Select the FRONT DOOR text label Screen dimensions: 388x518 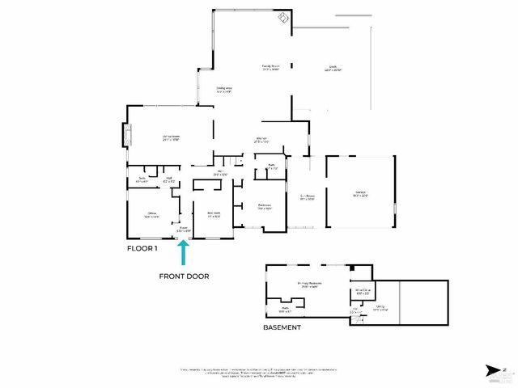point(184,276)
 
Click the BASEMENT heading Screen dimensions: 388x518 point(282,327)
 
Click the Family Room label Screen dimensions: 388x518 point(270,68)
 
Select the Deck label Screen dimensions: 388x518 point(331,69)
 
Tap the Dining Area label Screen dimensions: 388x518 point(224,90)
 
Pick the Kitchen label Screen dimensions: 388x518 point(262,140)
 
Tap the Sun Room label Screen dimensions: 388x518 point(308,196)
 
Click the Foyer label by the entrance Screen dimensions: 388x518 point(184,230)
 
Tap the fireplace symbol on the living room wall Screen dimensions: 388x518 point(125,136)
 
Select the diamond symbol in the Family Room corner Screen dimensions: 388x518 point(282,17)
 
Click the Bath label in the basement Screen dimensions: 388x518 point(285,308)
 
